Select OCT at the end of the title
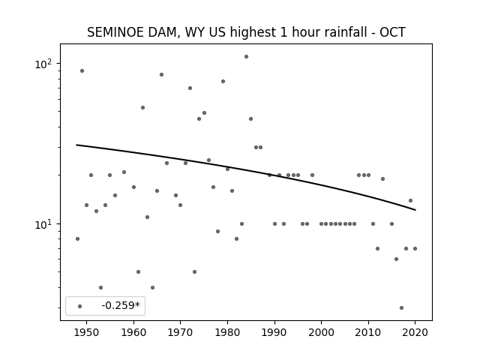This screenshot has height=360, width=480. [393, 32]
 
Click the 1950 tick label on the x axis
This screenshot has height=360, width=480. [87, 332]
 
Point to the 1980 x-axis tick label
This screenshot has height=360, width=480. [227, 332]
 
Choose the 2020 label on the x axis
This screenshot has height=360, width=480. [415, 332]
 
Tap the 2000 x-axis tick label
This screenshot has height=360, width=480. [322, 332]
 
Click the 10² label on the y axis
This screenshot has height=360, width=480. [43, 64]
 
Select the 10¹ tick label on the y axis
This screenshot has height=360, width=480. [43, 225]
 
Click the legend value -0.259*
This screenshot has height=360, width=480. [121, 305]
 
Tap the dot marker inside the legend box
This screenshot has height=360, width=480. [80, 306]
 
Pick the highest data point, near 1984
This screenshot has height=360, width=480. [246, 57]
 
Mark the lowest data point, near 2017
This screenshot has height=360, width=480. [401, 307]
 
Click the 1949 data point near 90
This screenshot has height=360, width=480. [82, 70]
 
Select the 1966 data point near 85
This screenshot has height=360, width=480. [162, 75]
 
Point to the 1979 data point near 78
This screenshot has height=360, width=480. [223, 82]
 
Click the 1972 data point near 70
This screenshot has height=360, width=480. [190, 88]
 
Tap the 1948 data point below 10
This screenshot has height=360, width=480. [77, 238]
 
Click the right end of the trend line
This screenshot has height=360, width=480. [415, 210]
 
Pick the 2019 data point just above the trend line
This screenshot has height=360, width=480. [410, 200]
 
